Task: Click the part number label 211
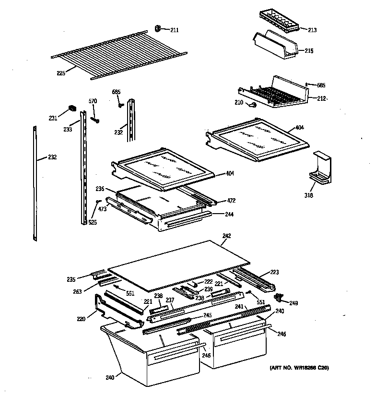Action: (x=174, y=30)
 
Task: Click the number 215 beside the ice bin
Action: (x=309, y=51)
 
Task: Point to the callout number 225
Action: (x=61, y=73)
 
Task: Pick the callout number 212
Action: (x=321, y=98)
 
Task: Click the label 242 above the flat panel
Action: (x=227, y=236)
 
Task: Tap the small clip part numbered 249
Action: (x=278, y=298)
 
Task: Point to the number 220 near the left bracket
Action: (x=81, y=318)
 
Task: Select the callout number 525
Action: (x=93, y=222)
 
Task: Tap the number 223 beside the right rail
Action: (x=274, y=272)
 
